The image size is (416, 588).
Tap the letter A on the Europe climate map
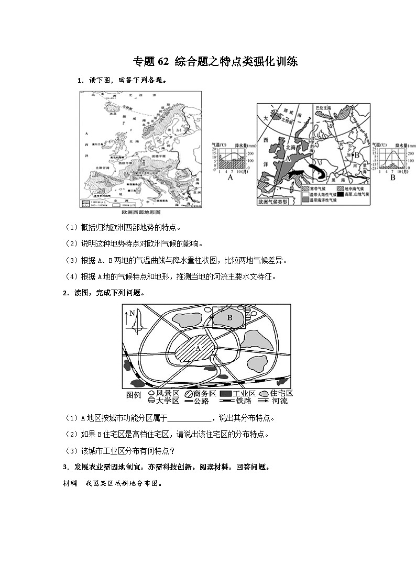coord(287,156)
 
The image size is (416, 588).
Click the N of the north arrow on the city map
coord(133,313)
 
